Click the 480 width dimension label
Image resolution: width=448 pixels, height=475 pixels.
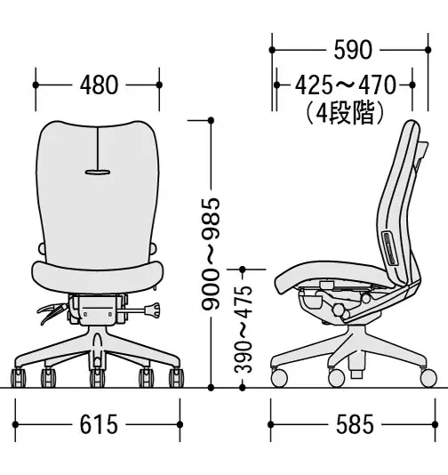click(x=99, y=85)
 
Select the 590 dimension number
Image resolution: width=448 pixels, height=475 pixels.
click(x=353, y=50)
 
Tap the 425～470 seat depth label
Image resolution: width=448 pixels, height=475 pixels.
click(x=346, y=85)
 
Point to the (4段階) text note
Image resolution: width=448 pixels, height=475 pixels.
click(x=346, y=113)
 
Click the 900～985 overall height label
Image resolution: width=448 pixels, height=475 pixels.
click(x=211, y=254)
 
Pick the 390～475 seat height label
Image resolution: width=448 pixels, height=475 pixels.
click(x=243, y=329)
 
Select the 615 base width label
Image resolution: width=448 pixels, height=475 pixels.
click(x=99, y=424)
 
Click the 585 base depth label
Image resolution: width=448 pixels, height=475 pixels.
click(x=355, y=424)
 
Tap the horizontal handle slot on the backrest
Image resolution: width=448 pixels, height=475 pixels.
click(x=98, y=173)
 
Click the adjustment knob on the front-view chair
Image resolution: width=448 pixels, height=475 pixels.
click(x=153, y=310)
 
